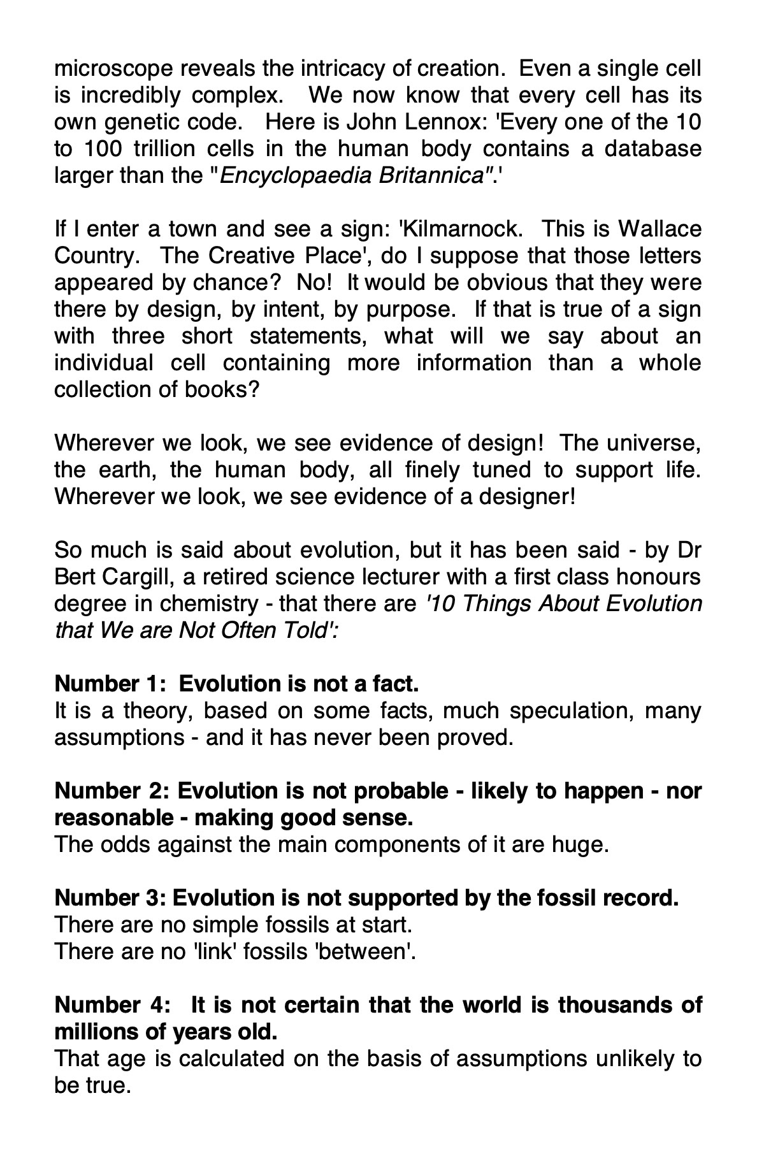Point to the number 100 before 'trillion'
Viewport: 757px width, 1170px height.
(x=101, y=148)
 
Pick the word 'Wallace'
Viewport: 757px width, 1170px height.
(x=660, y=229)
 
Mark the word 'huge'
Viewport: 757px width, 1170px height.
(x=581, y=844)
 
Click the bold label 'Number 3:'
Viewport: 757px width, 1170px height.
(x=110, y=898)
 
